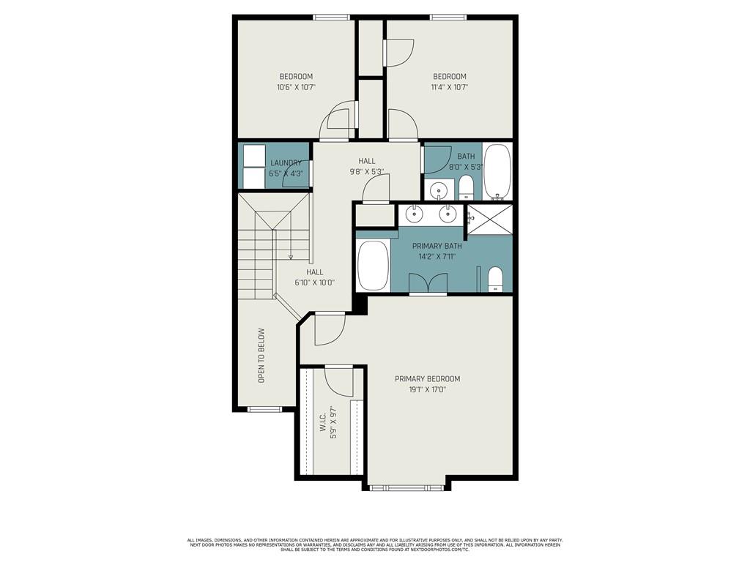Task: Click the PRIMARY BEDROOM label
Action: pos(427,379)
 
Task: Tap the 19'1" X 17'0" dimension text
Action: pos(427,389)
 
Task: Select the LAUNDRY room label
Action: pos(286,163)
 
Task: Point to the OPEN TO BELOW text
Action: pos(261,355)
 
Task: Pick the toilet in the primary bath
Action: pos(495,280)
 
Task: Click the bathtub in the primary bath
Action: pos(373,265)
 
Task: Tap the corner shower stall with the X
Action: pos(489,220)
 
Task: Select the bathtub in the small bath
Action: pos(497,172)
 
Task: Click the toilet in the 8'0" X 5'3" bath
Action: pos(465,188)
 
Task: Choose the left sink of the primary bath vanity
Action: pos(415,214)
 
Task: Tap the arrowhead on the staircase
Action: pos(290,258)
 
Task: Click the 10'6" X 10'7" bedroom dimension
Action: pos(296,88)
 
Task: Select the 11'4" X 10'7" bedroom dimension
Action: pos(449,88)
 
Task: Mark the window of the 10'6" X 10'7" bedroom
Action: pos(332,18)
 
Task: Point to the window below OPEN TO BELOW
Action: pos(264,409)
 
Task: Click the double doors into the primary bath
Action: pos(428,283)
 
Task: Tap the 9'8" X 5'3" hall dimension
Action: pos(367,171)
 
